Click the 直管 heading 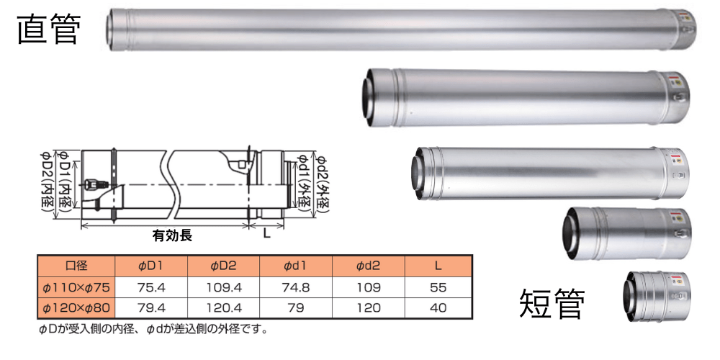(x=49, y=30)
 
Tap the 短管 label (x=552, y=304)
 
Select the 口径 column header (x=76, y=266)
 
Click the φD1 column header (x=151, y=266)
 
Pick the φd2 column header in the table (x=368, y=266)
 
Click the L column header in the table (x=438, y=266)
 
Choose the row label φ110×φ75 (x=76, y=287)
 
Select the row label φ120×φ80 (x=76, y=307)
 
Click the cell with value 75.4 (x=151, y=287)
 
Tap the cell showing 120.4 (x=223, y=307)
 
